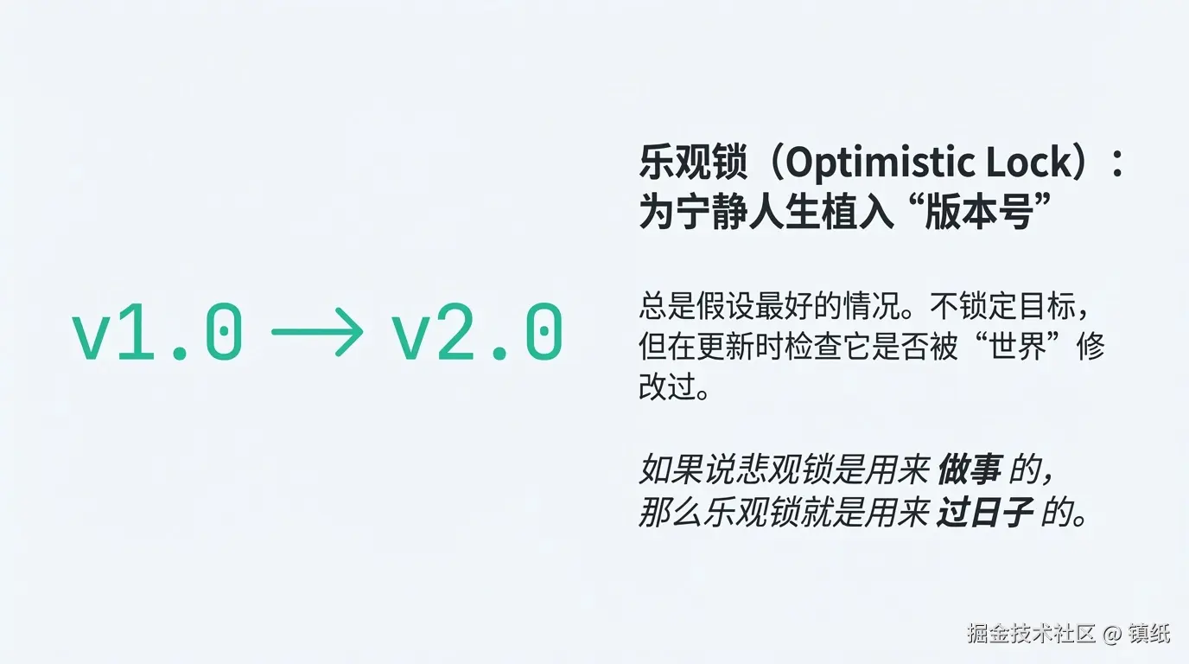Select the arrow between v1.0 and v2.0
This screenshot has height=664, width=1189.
tap(317, 331)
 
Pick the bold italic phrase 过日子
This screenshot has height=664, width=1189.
tap(985, 514)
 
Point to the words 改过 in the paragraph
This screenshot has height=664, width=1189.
tap(666, 386)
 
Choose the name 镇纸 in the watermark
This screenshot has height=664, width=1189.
tap(1148, 634)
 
